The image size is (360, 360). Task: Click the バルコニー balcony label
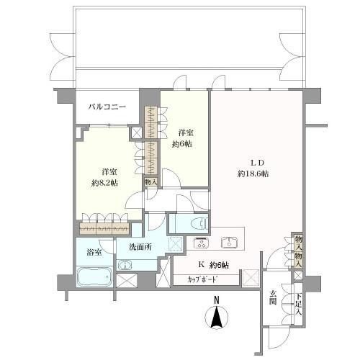click(x=107, y=107)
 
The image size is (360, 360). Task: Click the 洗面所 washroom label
click(x=140, y=247)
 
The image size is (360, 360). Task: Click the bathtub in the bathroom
click(x=94, y=278)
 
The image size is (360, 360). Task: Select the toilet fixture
click(x=198, y=222)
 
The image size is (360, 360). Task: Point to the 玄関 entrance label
click(x=274, y=298)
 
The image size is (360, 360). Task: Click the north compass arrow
click(x=216, y=318)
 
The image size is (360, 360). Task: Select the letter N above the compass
click(x=216, y=301)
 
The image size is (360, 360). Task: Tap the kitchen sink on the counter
click(x=230, y=241)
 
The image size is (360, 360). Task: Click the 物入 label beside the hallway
click(x=149, y=183)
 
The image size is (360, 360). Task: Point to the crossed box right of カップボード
click(x=249, y=277)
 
